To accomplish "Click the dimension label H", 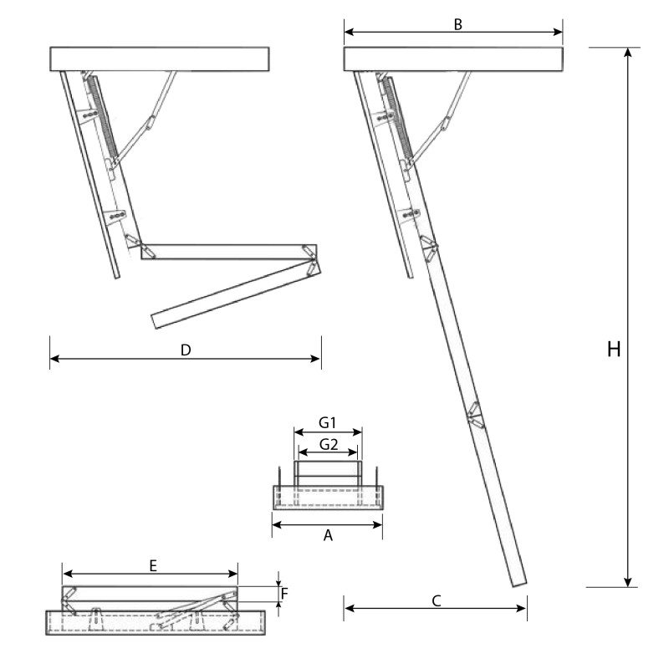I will [614, 350].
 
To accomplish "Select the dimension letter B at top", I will [458, 24].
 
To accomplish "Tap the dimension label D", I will [186, 350].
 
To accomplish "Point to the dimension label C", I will [437, 600].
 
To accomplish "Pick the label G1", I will [328, 423].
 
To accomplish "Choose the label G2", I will [328, 445].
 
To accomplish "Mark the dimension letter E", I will [153, 565].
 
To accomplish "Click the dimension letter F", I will [284, 594].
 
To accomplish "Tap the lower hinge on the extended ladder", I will [473, 416].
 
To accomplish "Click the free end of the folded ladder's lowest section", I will [157, 320].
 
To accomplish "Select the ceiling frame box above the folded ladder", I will [159, 59].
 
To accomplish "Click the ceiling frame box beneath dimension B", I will [453, 59].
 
